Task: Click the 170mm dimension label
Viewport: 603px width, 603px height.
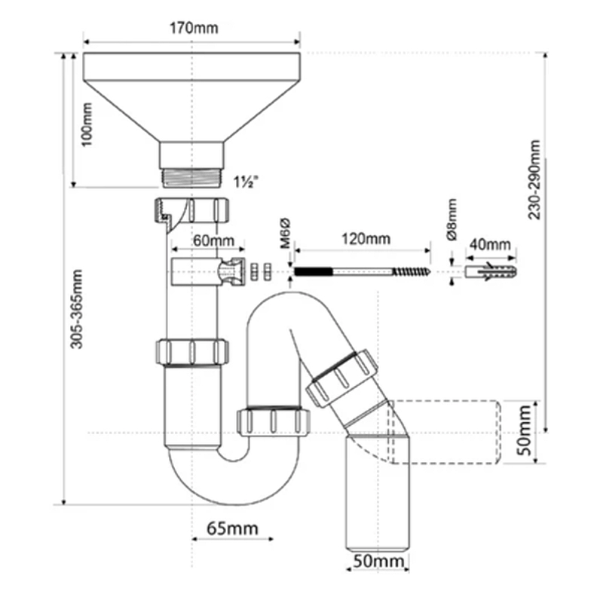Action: point(191,29)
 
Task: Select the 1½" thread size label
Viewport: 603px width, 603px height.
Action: point(246,182)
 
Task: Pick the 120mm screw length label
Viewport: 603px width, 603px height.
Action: point(366,239)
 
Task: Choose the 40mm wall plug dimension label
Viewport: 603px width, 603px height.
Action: point(491,245)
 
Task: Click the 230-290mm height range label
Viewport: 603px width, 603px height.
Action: point(534,179)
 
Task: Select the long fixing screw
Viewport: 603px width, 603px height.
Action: point(362,270)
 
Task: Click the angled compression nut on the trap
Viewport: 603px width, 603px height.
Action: point(342,377)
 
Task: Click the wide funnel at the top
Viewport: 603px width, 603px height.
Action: point(191,98)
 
